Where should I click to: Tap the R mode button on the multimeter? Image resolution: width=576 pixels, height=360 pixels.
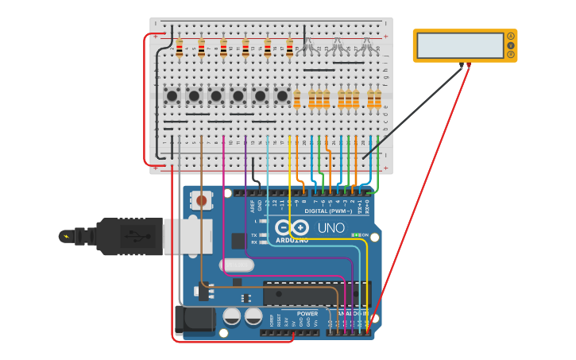pyautogui.click(x=511, y=54)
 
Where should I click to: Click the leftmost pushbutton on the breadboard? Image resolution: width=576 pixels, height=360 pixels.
pyautogui.click(x=172, y=96)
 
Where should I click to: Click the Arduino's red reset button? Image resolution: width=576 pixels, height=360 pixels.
pyautogui.click(x=201, y=201)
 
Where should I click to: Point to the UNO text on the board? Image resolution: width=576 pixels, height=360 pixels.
pyautogui.click(x=331, y=228)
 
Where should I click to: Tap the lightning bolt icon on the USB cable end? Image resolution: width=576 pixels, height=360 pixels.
pyautogui.click(x=66, y=236)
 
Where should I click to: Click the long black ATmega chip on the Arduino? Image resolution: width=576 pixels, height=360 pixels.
pyautogui.click(x=316, y=293)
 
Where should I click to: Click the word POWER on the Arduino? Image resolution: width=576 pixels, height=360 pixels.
pyautogui.click(x=307, y=313)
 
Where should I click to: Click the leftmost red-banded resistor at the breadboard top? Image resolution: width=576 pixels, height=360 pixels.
pyautogui.click(x=179, y=48)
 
